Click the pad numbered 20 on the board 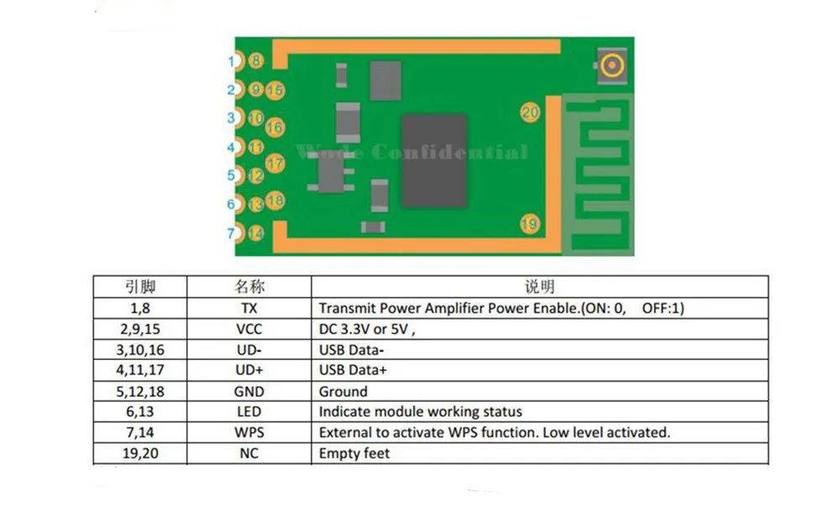(529, 112)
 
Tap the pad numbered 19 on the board (528, 223)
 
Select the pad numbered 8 (256, 60)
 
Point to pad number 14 (256, 232)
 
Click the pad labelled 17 (275, 163)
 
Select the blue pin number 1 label (231, 60)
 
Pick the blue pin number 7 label (231, 233)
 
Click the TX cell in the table (249, 308)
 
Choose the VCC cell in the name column (249, 329)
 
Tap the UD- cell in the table (249, 349)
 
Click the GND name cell (249, 391)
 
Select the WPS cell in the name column (249, 432)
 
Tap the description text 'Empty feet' (354, 453)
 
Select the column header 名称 (249, 287)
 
